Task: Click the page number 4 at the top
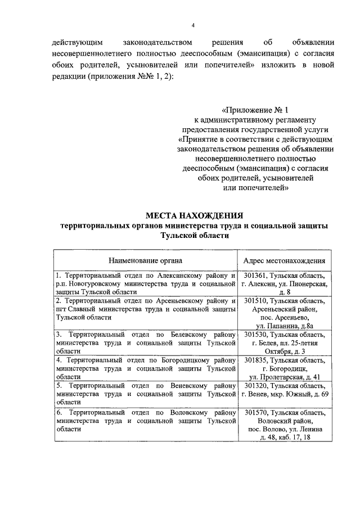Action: coord(192,25)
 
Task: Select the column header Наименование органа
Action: coord(146,261)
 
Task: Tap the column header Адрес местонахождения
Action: coord(285,261)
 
